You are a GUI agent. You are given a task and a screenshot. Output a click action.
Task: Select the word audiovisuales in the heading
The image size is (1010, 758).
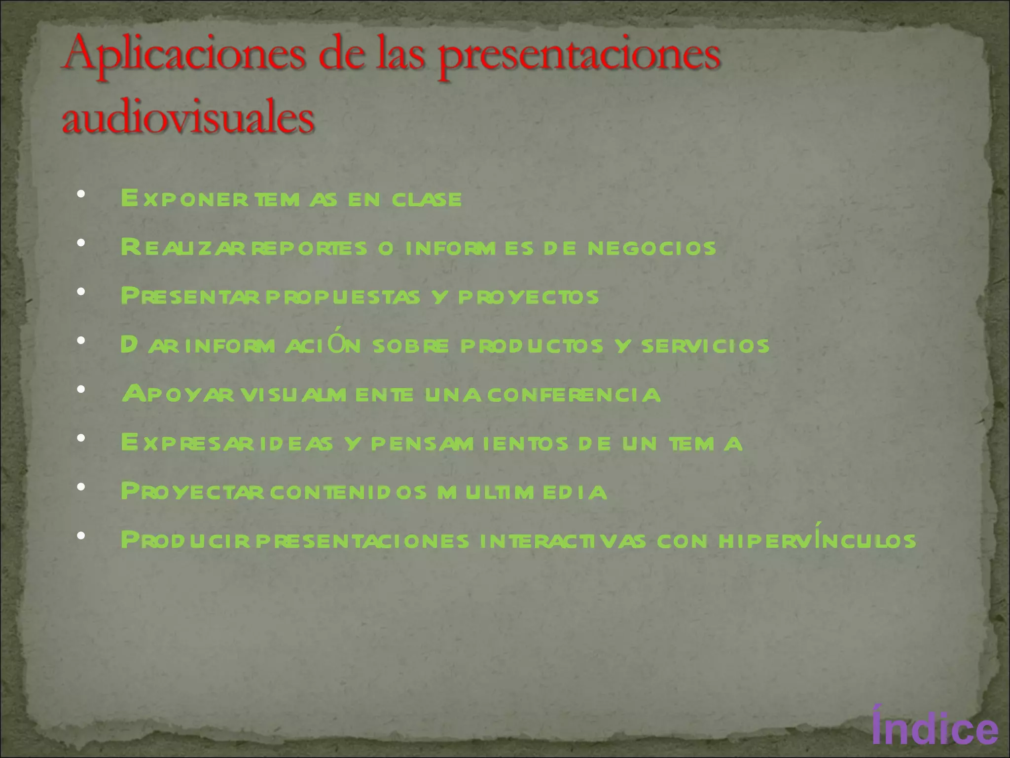click(x=188, y=118)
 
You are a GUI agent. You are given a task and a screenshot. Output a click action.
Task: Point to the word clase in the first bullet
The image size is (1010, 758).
click(x=427, y=199)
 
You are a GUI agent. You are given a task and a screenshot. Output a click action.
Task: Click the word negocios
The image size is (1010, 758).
click(x=651, y=248)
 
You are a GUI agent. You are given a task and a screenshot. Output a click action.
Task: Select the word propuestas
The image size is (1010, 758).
click(x=343, y=297)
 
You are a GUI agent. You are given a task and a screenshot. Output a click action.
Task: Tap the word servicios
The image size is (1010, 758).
click(x=705, y=346)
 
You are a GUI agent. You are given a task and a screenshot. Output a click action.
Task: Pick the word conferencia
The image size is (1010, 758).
click(x=574, y=395)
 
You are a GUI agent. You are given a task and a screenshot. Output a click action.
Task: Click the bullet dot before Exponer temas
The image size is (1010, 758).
click(x=81, y=194)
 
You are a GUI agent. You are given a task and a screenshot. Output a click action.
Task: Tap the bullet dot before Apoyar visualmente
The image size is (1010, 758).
click(x=81, y=389)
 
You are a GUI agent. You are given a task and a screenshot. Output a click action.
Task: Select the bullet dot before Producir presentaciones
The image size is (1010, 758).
click(x=81, y=535)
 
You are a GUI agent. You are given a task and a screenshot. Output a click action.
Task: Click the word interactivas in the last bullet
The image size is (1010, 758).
click(x=562, y=541)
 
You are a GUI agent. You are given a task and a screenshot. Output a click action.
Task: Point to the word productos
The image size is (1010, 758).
click(x=532, y=346)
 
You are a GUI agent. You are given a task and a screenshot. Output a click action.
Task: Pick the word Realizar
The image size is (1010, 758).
click(x=183, y=248)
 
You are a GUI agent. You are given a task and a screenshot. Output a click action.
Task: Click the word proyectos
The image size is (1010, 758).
click(x=528, y=297)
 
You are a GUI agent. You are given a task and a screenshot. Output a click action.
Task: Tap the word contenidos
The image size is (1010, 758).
click(x=348, y=493)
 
